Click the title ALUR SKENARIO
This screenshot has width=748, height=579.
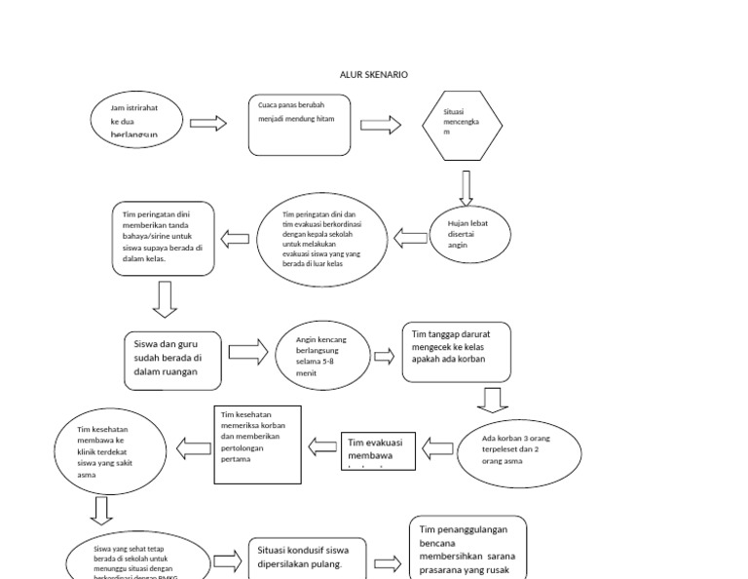point(374,75)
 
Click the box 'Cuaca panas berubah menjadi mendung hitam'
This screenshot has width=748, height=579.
point(299,124)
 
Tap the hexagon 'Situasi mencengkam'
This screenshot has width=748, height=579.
point(463,126)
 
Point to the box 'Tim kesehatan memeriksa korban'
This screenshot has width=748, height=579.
point(257,444)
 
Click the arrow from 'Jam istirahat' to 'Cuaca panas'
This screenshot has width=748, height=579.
point(207,123)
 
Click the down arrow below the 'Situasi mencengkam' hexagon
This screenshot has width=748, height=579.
point(466,187)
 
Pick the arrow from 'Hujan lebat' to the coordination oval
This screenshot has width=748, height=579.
point(413,236)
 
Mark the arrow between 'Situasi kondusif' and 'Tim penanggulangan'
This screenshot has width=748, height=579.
point(387,563)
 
